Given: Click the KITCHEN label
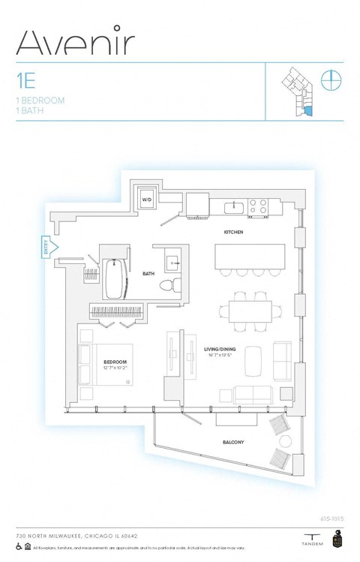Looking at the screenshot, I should click(233, 233).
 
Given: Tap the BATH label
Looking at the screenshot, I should click(148, 274).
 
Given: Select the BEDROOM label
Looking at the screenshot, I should click(115, 362).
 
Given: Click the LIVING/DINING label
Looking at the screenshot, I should click(221, 350).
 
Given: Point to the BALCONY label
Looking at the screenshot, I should click(233, 443).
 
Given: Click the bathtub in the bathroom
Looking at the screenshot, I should click(115, 279).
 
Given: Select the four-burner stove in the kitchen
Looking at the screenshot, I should click(259, 206).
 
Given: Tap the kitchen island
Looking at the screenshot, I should click(250, 255).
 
